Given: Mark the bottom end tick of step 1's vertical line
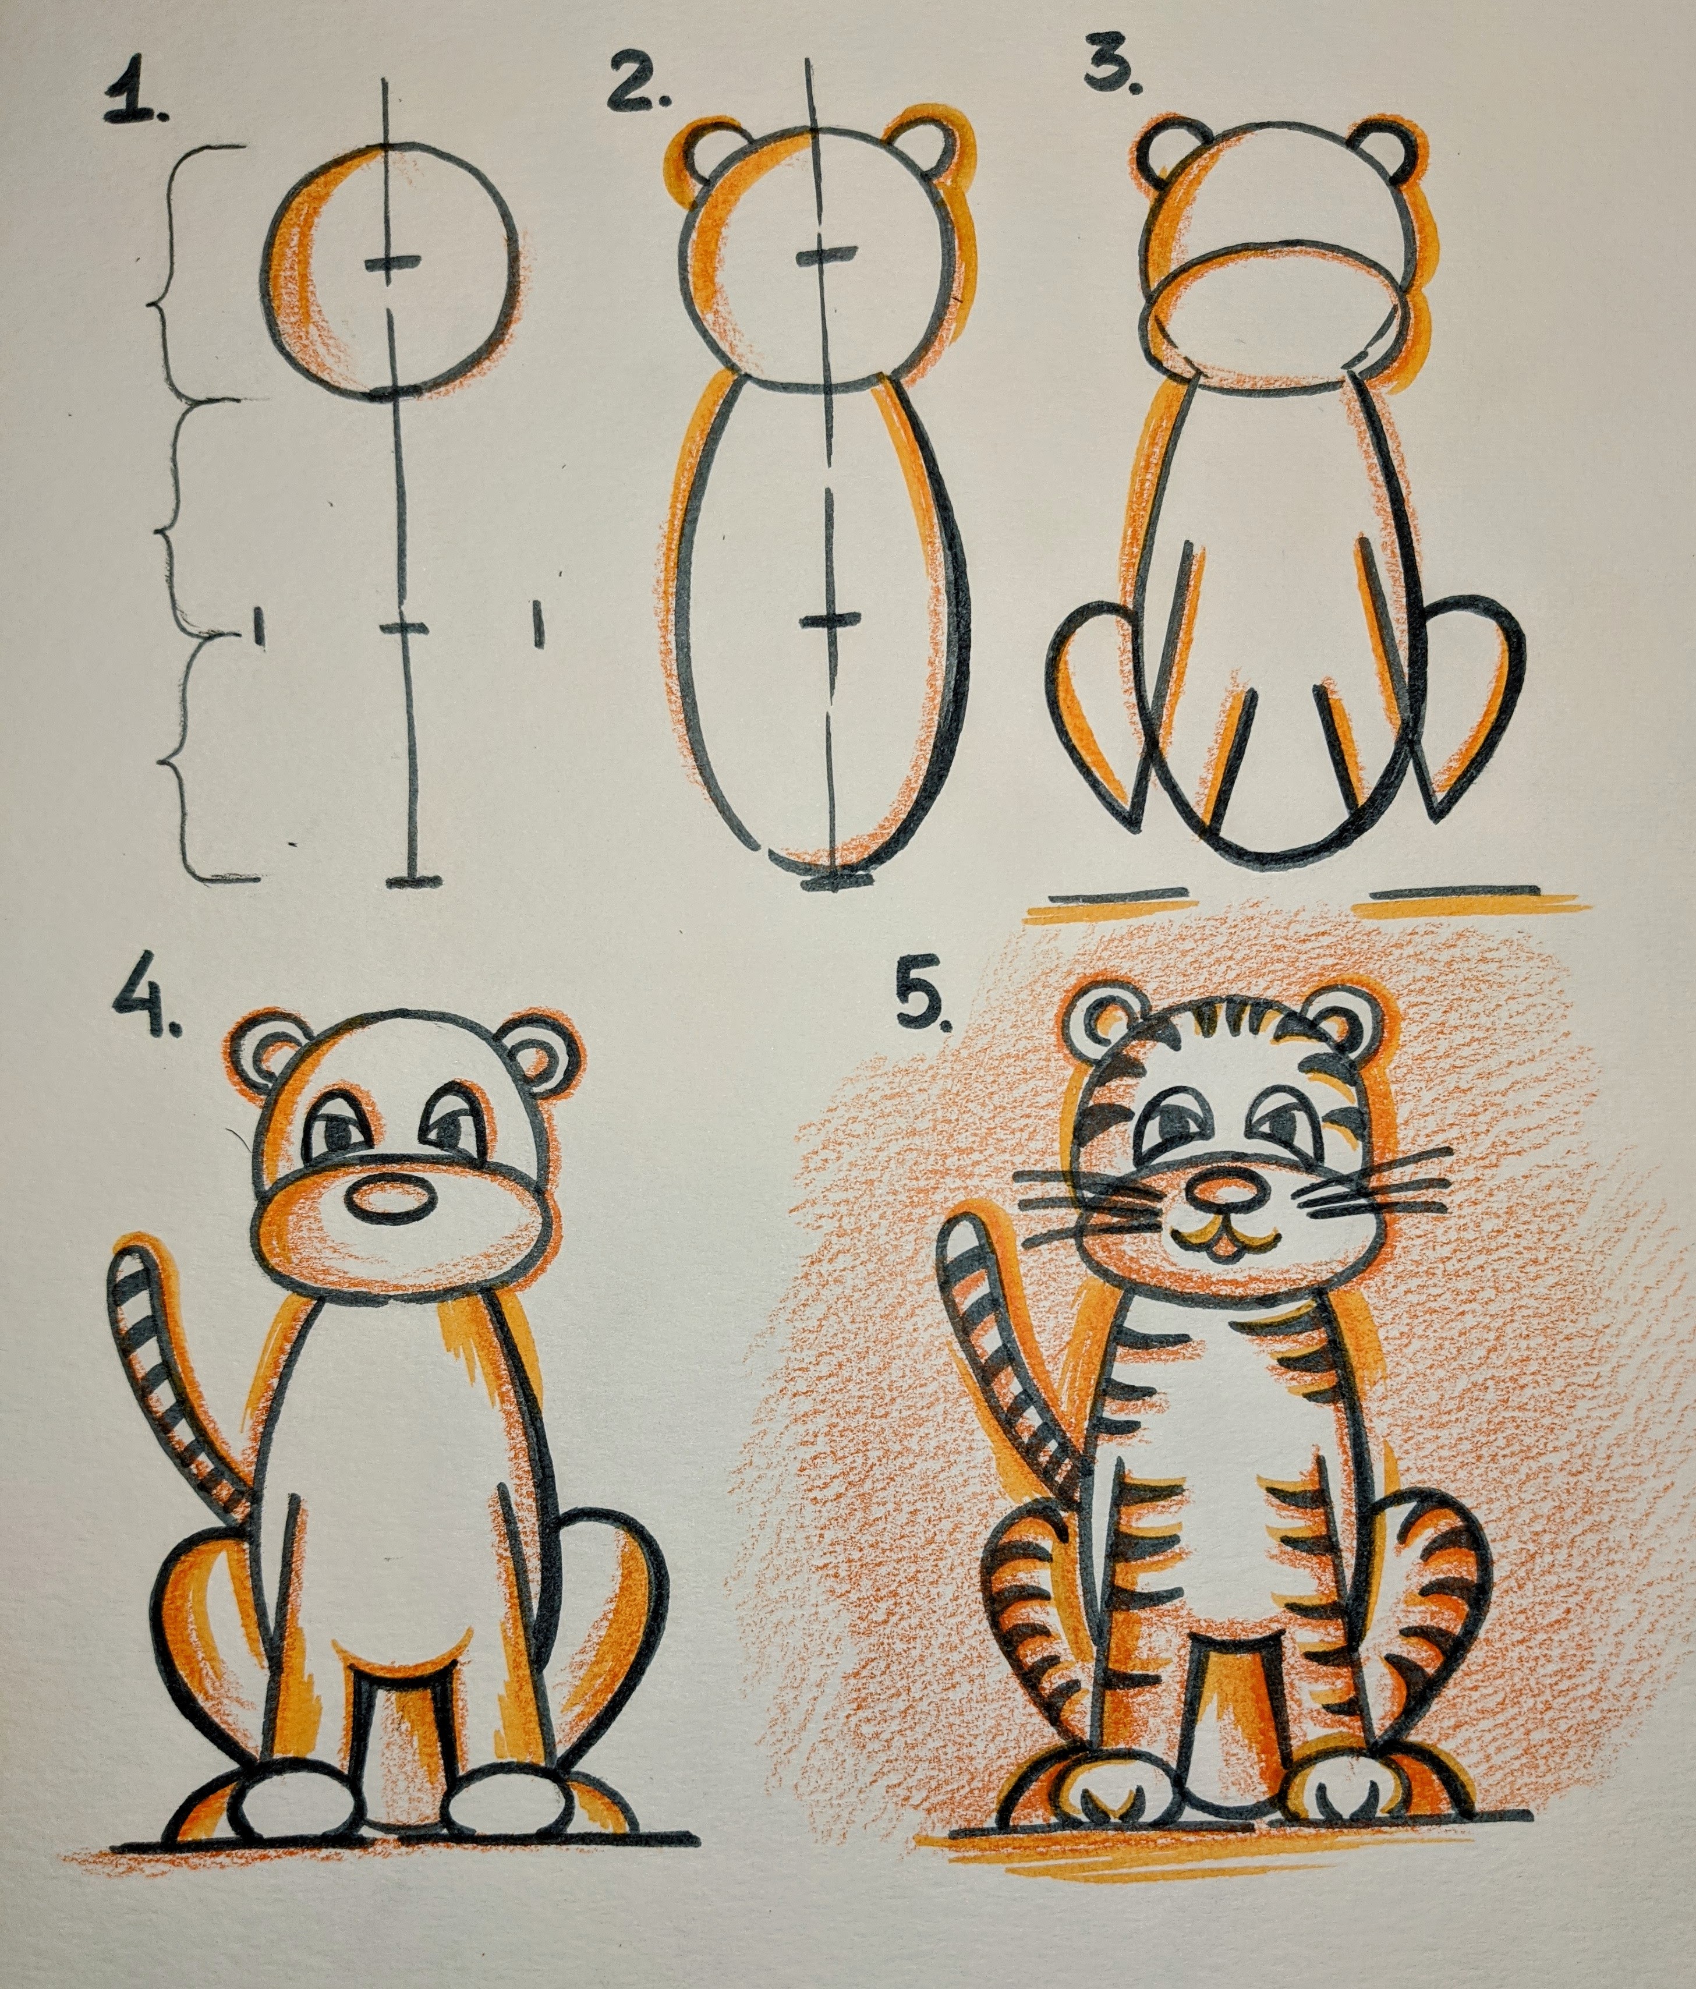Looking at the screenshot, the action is [411, 879].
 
